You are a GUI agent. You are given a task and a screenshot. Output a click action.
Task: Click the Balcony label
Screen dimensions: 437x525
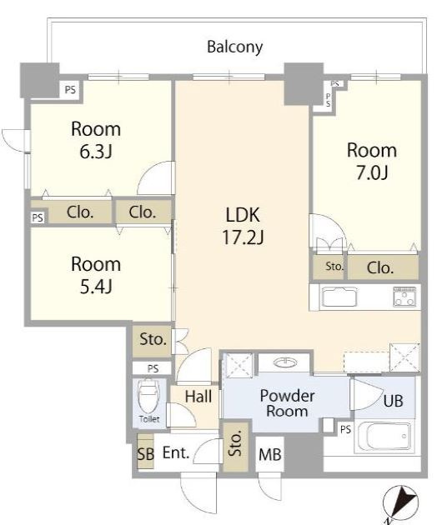point(234,47)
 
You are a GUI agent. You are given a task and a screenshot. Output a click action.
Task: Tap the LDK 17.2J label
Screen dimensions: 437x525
point(243,226)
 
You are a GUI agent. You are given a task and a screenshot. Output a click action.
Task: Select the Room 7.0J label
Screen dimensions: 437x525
point(372,162)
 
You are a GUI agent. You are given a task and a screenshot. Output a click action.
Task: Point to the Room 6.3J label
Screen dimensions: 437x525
point(96,140)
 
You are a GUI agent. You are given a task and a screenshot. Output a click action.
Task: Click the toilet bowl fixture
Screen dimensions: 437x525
point(148,396)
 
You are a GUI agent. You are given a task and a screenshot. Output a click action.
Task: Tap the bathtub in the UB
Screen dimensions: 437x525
point(384,436)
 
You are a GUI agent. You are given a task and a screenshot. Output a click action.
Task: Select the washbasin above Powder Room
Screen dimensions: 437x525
point(285,362)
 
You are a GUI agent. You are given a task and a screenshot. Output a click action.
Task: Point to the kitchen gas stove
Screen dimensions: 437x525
point(404,297)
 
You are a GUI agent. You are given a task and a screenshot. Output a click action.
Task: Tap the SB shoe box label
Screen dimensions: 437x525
point(146,454)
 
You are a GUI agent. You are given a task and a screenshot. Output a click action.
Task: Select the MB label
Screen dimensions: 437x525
point(270,454)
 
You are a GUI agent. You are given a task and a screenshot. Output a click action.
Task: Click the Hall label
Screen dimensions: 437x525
point(198,397)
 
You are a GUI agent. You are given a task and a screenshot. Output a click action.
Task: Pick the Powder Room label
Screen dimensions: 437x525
point(287,403)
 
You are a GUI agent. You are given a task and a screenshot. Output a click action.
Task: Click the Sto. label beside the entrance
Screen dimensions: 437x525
point(235,443)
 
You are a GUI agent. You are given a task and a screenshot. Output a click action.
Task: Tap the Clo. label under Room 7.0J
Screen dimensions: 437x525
point(380,267)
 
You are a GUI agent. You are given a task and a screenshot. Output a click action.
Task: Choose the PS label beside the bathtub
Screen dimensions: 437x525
point(345,429)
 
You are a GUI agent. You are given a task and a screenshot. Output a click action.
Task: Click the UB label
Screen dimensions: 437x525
point(393,401)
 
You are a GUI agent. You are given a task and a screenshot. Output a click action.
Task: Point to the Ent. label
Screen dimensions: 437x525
point(176,453)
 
